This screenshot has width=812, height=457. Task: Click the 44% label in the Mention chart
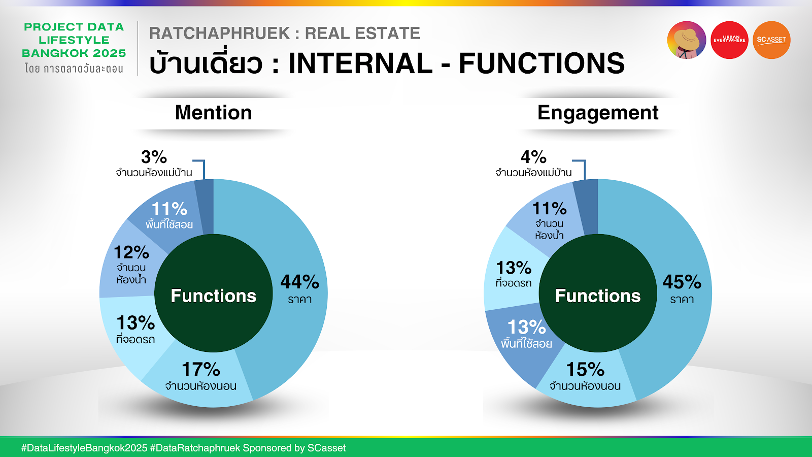click(x=299, y=282)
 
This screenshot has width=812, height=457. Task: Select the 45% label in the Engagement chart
click(x=682, y=282)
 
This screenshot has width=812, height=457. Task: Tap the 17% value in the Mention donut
click(x=201, y=370)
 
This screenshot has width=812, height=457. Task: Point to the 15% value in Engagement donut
click(x=585, y=370)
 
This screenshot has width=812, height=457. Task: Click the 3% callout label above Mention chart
click(x=154, y=157)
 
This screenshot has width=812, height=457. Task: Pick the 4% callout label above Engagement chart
click(x=533, y=157)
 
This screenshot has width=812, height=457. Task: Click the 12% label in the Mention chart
click(x=131, y=252)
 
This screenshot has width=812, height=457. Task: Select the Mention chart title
click(x=214, y=112)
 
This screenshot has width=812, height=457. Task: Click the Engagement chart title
click(x=598, y=113)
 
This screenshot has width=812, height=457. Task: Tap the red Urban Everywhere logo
click(x=729, y=40)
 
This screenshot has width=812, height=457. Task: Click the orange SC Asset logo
click(x=771, y=40)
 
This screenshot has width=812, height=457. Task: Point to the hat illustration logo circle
click(x=687, y=40)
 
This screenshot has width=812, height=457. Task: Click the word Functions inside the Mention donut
click(x=214, y=296)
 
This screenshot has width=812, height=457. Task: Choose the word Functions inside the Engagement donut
click(x=598, y=296)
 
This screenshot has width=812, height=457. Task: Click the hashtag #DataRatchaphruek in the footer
click(x=195, y=448)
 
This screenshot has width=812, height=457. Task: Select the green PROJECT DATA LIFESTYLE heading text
click(x=74, y=40)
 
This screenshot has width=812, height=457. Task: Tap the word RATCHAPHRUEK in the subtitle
click(x=220, y=34)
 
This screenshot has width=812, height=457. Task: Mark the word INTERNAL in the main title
click(x=360, y=63)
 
